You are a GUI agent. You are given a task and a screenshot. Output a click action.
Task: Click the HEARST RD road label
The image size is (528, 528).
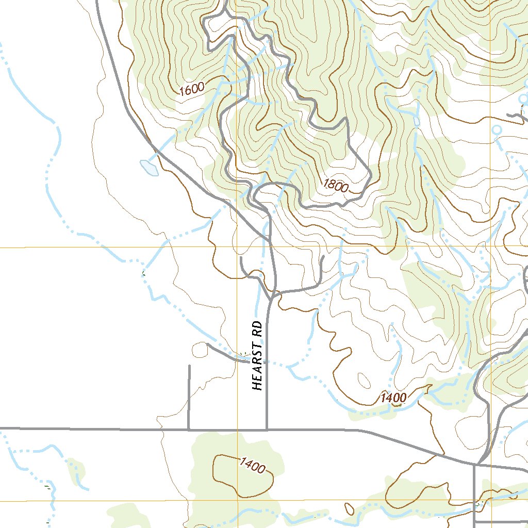(258, 356)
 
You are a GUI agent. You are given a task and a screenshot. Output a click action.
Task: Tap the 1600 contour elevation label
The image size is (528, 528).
(192, 89)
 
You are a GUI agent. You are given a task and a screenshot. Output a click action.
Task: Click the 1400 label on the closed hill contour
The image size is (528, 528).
(252, 465)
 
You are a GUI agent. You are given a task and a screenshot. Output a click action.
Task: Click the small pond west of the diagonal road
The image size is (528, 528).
(149, 168)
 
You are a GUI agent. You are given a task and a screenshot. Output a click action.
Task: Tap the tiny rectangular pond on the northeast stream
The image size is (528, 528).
(417, 121)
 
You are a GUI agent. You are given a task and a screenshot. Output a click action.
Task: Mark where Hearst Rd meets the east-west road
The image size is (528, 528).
(267, 429)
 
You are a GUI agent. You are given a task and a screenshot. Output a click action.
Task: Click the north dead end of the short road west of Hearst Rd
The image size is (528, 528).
(189, 366)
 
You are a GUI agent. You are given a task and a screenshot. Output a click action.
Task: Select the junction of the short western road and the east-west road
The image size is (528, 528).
(189, 429)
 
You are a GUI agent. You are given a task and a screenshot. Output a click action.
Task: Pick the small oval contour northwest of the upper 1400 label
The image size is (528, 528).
(364, 381)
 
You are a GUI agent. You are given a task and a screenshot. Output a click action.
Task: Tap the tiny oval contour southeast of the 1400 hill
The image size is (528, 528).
(351, 510)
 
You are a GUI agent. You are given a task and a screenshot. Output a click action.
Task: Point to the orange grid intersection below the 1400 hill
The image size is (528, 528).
(237, 500)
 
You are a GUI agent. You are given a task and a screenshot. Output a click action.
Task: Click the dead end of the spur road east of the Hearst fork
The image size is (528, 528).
(323, 256)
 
